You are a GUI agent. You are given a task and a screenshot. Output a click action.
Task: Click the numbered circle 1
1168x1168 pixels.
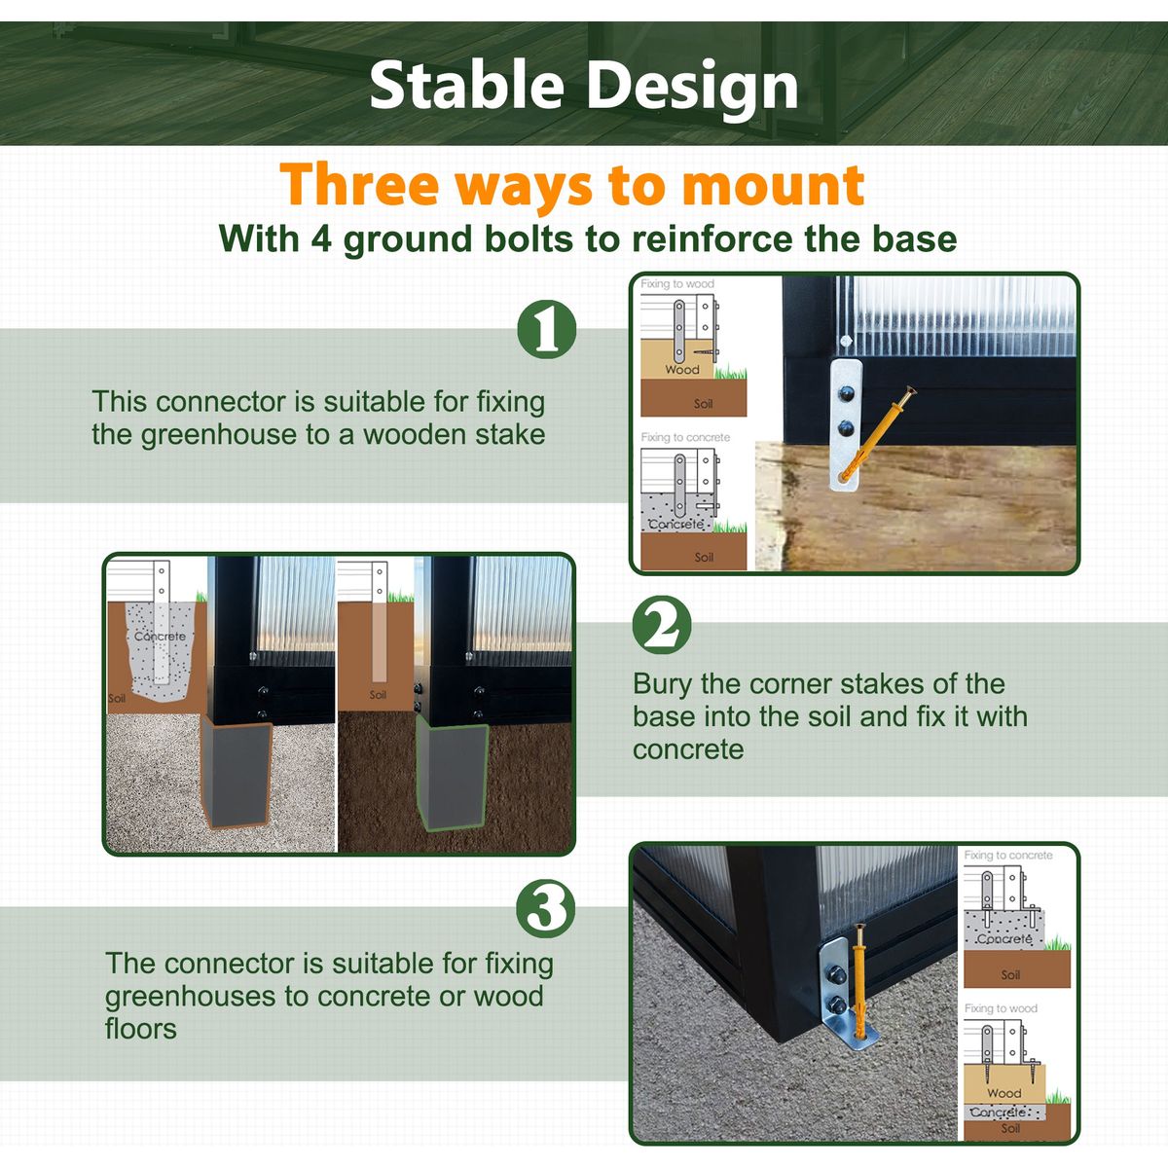tap(547, 329)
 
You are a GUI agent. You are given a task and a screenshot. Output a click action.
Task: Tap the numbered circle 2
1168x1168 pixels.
tap(662, 625)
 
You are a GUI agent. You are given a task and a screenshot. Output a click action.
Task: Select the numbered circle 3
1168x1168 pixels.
tap(545, 908)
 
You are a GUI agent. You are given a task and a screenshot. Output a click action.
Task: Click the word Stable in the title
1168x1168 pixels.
tap(467, 85)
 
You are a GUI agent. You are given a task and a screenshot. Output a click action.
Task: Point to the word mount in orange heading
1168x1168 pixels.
tap(773, 185)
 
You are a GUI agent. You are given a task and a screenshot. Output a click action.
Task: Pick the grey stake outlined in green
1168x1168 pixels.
tap(452, 778)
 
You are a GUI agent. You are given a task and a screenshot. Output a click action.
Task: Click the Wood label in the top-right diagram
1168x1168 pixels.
tap(682, 369)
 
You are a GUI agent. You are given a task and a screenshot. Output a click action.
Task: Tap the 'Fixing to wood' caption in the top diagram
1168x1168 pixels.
tap(677, 283)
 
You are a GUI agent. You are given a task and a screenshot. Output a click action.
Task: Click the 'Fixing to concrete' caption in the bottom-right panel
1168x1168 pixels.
tap(1008, 856)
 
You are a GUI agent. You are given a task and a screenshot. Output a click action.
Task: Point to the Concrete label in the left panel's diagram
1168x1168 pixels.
tap(160, 637)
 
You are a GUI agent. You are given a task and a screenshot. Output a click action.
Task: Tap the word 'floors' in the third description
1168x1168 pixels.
tap(140, 1029)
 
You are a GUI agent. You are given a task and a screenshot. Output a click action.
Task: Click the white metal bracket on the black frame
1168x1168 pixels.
tap(846, 425)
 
